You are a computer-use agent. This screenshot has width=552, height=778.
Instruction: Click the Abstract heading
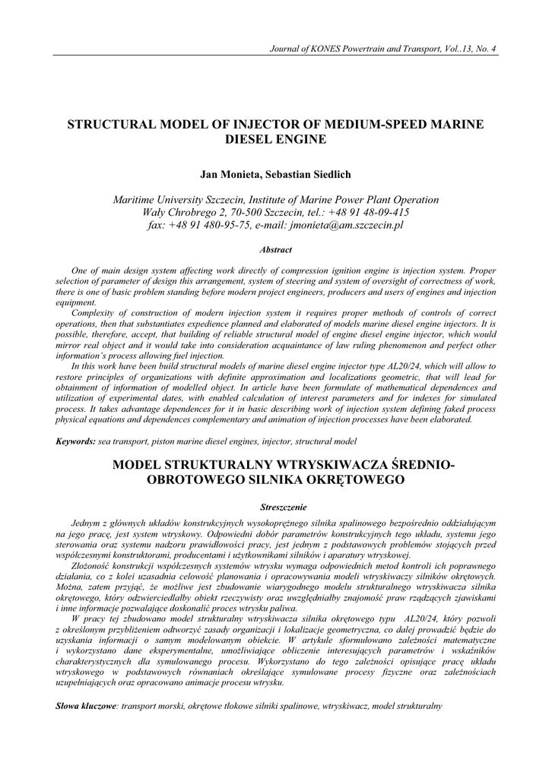[x=275, y=249]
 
